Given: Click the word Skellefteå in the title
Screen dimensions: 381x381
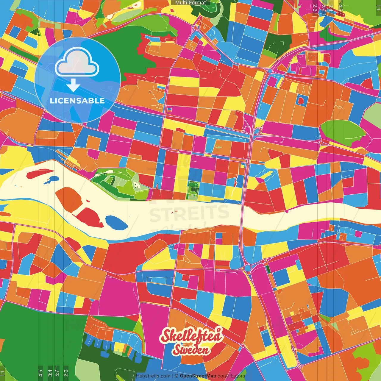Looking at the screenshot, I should [191, 335].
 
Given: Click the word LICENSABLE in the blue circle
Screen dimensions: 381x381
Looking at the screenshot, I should [77, 101].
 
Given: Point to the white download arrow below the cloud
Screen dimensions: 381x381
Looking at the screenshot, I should [73, 85].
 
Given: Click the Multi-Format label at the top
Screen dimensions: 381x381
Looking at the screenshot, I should [190, 3].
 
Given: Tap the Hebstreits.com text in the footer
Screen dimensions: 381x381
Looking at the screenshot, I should [153, 376].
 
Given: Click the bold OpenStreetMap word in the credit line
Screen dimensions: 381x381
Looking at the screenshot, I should [198, 376].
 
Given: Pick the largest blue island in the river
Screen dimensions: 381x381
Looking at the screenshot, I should [116, 222].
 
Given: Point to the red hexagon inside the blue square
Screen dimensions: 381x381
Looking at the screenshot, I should [301, 101].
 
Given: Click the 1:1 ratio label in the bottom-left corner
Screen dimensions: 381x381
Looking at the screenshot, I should [2, 373].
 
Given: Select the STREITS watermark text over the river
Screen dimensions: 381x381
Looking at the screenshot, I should [189, 213].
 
